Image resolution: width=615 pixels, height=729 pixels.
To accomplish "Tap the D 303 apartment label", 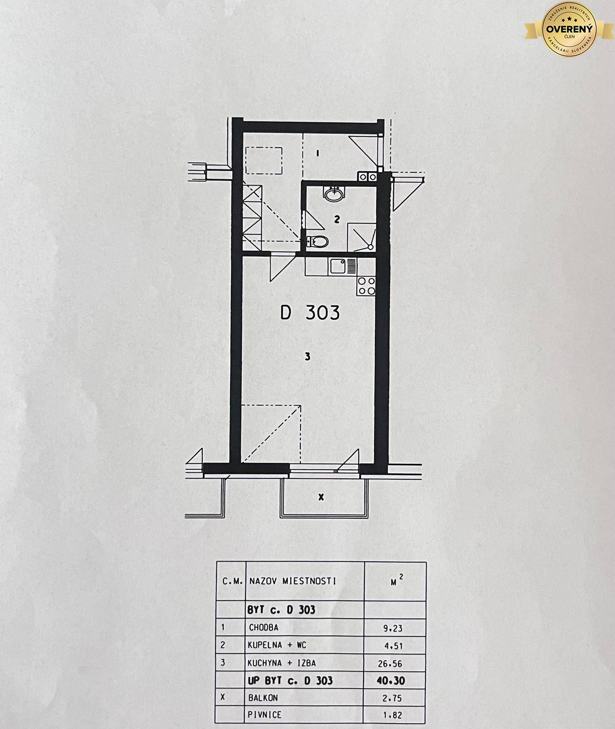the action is coord(310,313).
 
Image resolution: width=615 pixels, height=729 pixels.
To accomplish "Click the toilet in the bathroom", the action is coord(317,241).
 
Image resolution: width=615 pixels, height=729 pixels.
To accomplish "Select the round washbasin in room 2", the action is coord(334,195).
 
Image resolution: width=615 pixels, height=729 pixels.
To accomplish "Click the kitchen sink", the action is coord(338,267).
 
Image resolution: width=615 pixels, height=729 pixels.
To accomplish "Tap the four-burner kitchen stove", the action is coord(367,286).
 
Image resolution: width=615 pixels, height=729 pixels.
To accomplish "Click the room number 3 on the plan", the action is coord(307,356).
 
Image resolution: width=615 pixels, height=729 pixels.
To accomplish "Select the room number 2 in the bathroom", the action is coord(337,220).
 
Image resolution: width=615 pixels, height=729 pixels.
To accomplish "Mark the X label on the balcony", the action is coord(321,497).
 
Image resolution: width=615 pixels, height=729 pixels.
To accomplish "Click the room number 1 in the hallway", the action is coord(318,154).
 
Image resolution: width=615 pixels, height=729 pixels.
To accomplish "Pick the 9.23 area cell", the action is coord(393,628).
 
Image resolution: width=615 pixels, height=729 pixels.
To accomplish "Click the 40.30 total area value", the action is coord(391,681).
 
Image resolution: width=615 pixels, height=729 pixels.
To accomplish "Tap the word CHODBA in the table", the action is coord(263,627).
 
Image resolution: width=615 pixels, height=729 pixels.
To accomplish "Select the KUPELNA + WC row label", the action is coord(277,645).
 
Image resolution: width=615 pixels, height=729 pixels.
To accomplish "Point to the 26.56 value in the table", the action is coord(390,663).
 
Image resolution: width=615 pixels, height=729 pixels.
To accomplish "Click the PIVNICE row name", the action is coord(265,715).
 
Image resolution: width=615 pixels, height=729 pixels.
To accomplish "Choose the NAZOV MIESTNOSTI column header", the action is coord(293,581).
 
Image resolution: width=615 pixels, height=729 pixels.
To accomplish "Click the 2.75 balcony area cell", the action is coord(393,698).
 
